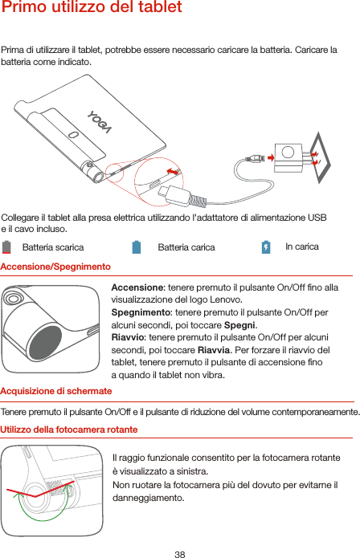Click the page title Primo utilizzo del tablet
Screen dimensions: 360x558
click(x=92, y=7)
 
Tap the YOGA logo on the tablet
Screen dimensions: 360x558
click(x=100, y=122)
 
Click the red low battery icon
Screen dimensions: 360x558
click(x=6, y=247)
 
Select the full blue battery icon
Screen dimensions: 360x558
click(x=137, y=247)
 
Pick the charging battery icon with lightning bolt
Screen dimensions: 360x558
click(x=266, y=247)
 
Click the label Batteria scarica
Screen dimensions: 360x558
click(x=53, y=247)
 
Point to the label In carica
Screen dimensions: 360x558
click(x=302, y=246)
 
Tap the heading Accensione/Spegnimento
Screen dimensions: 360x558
click(x=55, y=267)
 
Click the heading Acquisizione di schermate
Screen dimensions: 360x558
click(x=56, y=391)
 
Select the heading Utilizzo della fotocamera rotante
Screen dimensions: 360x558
click(x=69, y=430)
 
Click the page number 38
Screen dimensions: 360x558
click(x=180, y=554)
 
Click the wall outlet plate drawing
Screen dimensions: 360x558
click(x=320, y=157)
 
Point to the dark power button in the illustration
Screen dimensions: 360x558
click(x=45, y=342)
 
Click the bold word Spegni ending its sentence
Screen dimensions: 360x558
click(x=239, y=325)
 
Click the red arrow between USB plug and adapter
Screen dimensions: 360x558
click(x=271, y=157)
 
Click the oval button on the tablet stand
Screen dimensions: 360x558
click(x=73, y=135)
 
